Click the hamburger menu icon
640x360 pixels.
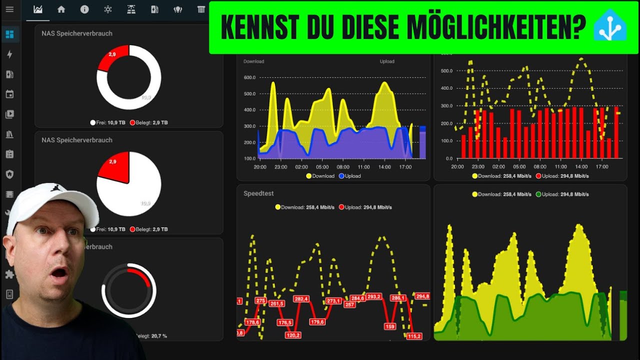pos(9,9)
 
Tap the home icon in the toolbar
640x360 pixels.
pos(61,9)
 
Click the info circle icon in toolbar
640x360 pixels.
pos(84,9)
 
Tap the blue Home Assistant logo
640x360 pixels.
pos(609,28)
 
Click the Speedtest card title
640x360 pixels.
pos(258,193)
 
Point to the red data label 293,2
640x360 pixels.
pos(373,296)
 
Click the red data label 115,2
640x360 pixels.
pos(414,336)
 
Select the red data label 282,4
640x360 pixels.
pos(301,298)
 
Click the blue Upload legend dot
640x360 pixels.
pos(341,176)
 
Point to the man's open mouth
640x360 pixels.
pos(59,274)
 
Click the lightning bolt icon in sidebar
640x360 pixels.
pos(9,54)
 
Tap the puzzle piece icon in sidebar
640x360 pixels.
pos(9,274)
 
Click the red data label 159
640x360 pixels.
pos(390,326)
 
